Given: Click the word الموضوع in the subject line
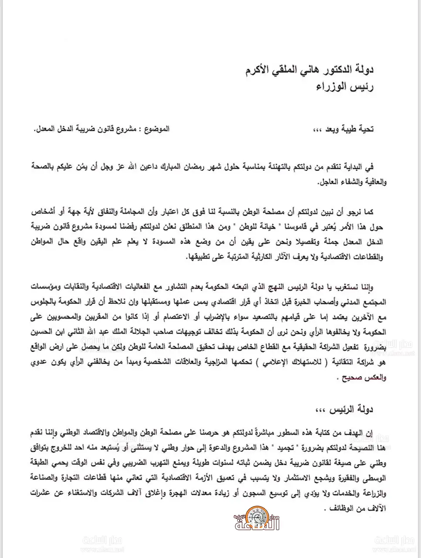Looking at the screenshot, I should tap(158, 129).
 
